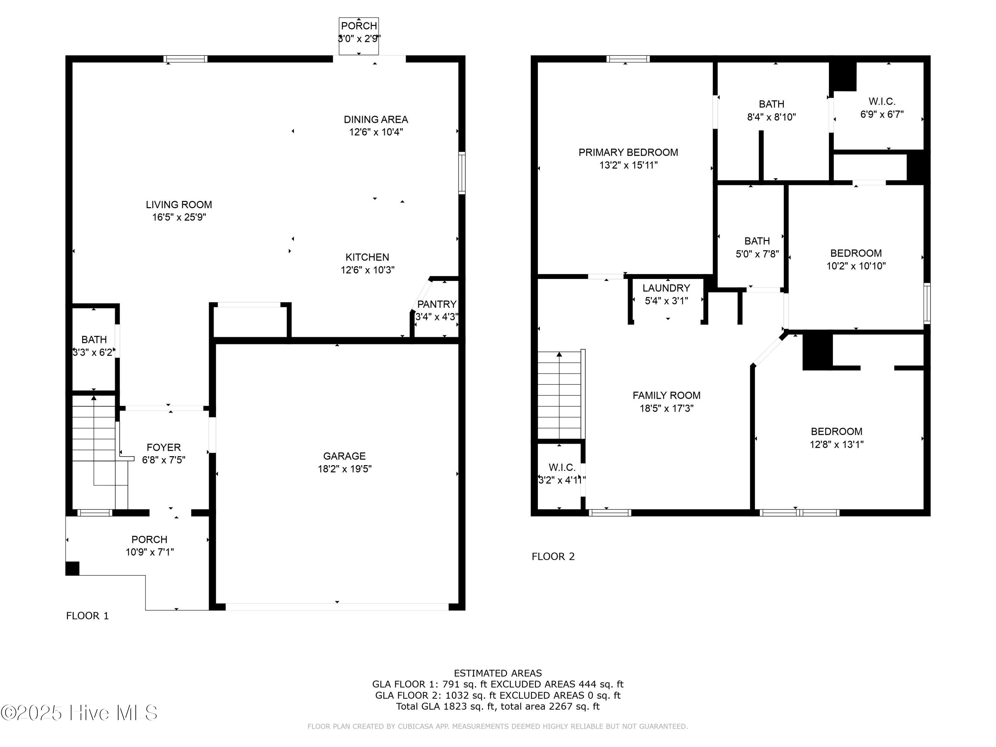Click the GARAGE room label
[345, 456]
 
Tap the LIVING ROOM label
[179, 205]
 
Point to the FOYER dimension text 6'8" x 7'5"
[163, 460]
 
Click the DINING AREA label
[376, 119]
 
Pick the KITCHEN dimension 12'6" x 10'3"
[368, 270]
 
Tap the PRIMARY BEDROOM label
[628, 152]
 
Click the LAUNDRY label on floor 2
[666, 288]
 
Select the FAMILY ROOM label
[666, 395]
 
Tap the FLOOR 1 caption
[87, 616]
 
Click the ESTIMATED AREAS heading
[498, 673]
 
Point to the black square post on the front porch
[72, 568]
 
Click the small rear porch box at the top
[359, 37]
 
